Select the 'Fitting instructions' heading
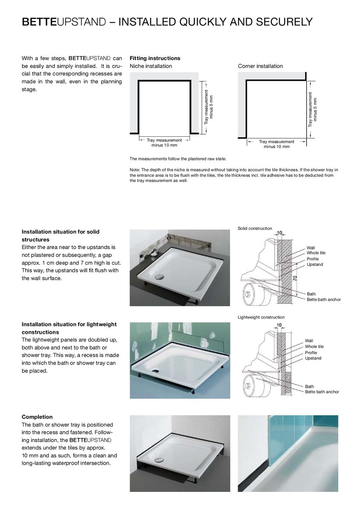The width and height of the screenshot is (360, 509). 155,58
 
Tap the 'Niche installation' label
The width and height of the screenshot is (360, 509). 151,66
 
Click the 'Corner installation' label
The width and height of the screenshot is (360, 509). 260,66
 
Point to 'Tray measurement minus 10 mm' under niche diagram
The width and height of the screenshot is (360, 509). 164,143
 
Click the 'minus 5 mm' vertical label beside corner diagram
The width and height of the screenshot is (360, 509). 316,109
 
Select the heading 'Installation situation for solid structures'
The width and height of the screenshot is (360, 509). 60,236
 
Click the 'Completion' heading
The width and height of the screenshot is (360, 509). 37,417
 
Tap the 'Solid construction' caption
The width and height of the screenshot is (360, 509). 255,228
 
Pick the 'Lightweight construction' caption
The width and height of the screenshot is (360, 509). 261,317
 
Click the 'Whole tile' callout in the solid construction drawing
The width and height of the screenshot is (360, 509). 316,253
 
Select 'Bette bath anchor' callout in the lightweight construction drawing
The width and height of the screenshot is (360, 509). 322,392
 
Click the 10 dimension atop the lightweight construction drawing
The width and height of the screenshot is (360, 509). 279,325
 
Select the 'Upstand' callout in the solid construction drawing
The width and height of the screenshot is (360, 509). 314,265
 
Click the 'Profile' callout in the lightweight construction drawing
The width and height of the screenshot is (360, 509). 311,353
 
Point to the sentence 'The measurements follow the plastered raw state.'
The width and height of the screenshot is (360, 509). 178,159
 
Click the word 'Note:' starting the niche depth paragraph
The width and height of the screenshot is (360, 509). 135,170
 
